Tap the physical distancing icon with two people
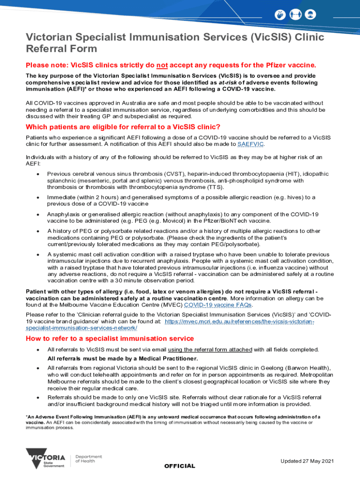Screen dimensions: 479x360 click(x=295, y=14)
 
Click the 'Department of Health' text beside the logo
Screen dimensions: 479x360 click(x=88, y=459)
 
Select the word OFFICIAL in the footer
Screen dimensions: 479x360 click(x=180, y=466)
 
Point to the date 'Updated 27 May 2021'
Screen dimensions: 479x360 click(x=307, y=461)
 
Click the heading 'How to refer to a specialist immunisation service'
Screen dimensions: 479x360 click(x=110, y=338)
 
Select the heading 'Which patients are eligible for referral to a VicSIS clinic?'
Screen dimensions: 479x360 click(x=122, y=127)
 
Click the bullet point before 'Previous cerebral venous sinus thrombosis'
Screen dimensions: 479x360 click(x=37, y=174)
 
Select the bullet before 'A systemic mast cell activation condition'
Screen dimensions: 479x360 click(x=37, y=254)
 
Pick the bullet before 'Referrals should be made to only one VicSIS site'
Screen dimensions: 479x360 click(x=37, y=398)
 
